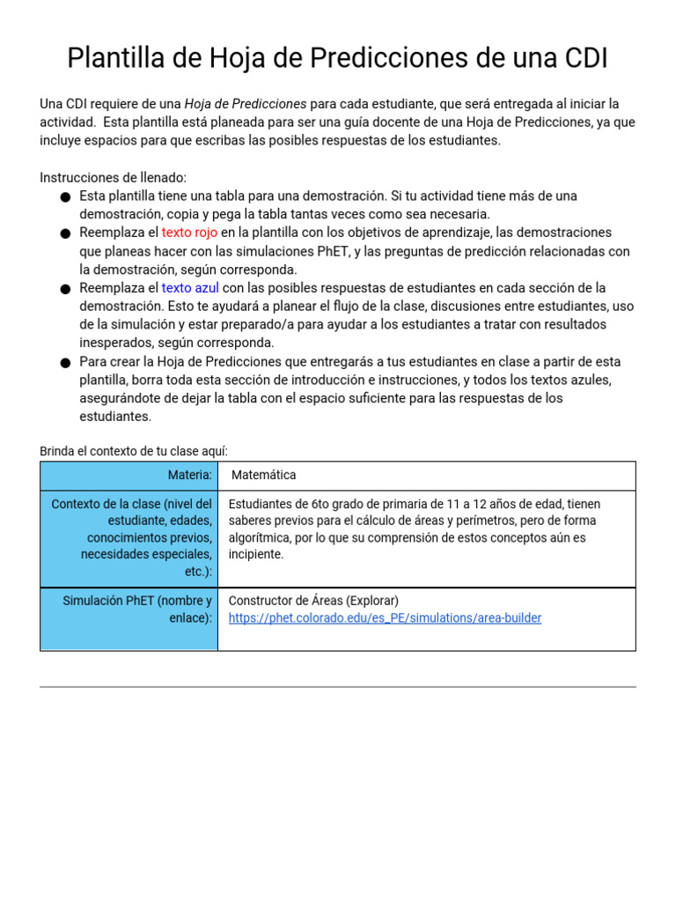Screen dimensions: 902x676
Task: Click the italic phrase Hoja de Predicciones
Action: coord(246,104)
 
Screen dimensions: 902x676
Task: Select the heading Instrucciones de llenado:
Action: coord(113,177)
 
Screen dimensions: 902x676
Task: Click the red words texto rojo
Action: coord(189,233)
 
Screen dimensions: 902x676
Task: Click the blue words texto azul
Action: coord(190,288)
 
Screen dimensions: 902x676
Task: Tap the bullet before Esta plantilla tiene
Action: coord(66,196)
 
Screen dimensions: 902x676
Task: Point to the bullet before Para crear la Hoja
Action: coord(66,363)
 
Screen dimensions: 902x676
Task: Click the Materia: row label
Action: coord(190,475)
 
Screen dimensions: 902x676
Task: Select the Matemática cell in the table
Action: coord(264,475)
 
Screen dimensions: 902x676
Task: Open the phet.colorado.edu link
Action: coord(385,618)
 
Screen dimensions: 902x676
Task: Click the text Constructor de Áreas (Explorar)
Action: coord(313,601)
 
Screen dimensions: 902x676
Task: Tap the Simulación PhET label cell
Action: coord(137,610)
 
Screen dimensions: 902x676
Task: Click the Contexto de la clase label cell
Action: coord(131,537)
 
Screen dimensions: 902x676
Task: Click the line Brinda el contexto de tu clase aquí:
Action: coord(134,451)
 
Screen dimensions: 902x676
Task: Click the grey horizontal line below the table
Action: coord(338,686)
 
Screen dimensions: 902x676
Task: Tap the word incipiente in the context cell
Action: coord(256,554)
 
